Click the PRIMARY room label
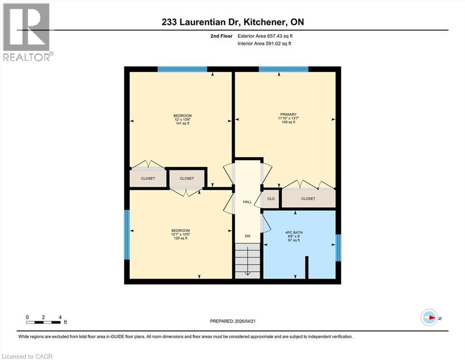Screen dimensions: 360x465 (x=285, y=114)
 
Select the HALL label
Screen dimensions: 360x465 (x=247, y=202)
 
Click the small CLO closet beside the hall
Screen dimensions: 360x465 (x=271, y=198)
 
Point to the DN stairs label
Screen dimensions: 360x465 (x=248, y=236)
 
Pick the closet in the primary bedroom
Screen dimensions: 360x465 (x=308, y=198)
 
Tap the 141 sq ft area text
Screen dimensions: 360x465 (x=182, y=124)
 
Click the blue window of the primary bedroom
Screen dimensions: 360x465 (x=283, y=69)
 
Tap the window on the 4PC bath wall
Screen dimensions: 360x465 (x=339, y=247)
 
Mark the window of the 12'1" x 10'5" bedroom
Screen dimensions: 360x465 (x=126, y=234)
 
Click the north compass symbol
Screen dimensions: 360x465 (x=429, y=318)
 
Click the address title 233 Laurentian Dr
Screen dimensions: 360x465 (x=232, y=22)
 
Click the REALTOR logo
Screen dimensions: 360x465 (x=27, y=32)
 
